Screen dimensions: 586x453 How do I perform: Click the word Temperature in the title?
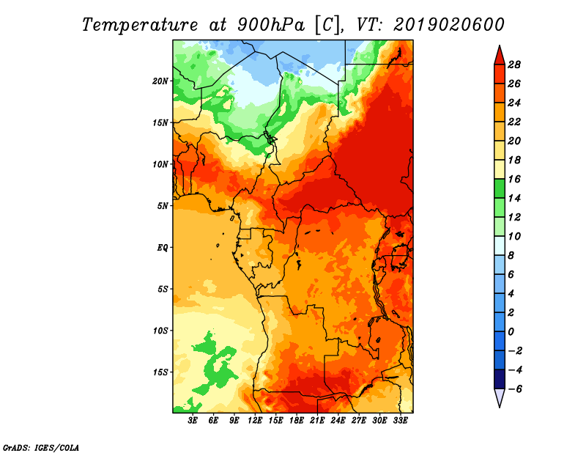coord(140,25)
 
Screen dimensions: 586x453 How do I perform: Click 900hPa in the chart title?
coord(271,25)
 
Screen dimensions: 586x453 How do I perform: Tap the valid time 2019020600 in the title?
coord(449,25)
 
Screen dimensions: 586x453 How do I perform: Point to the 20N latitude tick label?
coord(160,81)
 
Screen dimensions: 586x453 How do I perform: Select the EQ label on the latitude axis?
coord(162,248)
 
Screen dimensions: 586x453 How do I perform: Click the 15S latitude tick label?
coord(160,372)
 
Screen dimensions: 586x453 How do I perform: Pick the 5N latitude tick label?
coord(163,206)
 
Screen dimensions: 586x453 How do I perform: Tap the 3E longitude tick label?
coord(193,421)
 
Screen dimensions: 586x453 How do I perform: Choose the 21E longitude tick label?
coord(317,421)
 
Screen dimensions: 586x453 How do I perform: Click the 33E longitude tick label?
coord(400,421)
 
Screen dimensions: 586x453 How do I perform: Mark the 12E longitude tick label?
coord(254,421)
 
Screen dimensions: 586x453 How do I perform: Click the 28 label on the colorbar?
coord(514,65)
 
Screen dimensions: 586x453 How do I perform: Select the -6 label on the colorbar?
coord(515,389)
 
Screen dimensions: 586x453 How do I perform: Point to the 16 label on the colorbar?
coord(514,179)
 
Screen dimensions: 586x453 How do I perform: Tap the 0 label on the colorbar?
coord(511,332)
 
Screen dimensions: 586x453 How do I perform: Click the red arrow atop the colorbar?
coord(500,55)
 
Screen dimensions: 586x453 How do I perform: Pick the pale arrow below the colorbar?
coord(500,398)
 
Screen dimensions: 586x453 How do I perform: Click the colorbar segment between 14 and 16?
coord(500,189)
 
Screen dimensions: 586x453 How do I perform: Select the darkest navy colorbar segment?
coord(500,379)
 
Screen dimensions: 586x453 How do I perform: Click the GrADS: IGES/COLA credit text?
coord(41,448)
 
